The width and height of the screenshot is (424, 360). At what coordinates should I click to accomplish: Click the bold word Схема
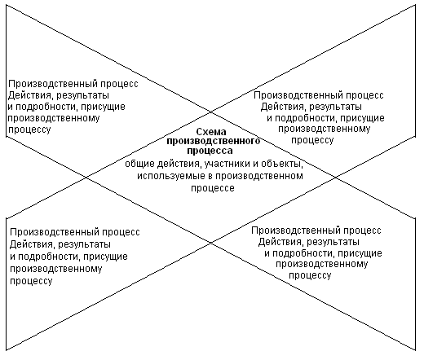[x=211, y=132]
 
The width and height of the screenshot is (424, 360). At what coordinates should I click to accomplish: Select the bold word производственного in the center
[x=214, y=141]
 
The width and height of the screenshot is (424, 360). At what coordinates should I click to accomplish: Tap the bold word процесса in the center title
[x=210, y=151]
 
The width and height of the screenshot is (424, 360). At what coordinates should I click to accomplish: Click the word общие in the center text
[x=139, y=165]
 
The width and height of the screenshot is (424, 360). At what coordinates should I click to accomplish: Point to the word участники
[x=231, y=164]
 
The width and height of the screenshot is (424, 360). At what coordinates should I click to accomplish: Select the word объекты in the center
[x=282, y=165]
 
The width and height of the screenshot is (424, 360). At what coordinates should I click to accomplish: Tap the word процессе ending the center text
[x=213, y=188]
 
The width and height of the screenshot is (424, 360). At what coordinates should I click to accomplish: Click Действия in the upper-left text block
[x=29, y=95]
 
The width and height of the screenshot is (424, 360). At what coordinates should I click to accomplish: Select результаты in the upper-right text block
[x=335, y=107]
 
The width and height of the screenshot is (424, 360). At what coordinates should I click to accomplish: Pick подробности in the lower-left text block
[x=48, y=257]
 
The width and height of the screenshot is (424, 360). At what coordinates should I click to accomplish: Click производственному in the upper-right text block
[x=324, y=129]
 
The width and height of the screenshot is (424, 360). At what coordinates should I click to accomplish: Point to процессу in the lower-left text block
[x=31, y=281]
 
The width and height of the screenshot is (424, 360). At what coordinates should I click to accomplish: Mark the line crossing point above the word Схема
[x=211, y=112]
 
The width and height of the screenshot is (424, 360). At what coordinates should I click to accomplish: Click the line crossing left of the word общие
[x=86, y=178]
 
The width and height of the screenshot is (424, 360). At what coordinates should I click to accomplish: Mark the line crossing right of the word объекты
[x=335, y=178]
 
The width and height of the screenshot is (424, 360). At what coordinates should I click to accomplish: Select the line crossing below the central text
[x=211, y=243]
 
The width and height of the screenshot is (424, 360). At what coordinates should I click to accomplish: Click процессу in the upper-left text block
[x=29, y=130]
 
